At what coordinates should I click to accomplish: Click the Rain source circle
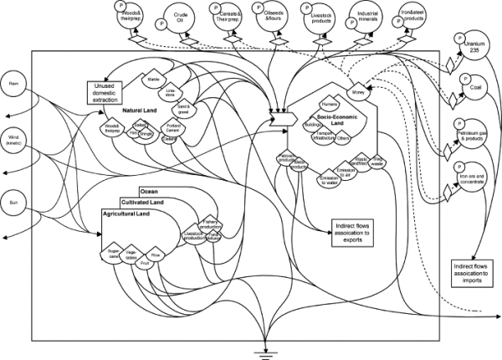(x=14, y=85)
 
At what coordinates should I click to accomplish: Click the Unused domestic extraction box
(x=105, y=90)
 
